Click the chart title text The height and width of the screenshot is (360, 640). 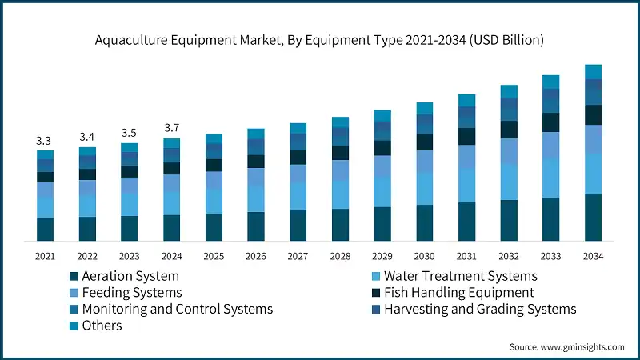[320, 38]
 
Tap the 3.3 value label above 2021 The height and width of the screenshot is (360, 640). [45, 141]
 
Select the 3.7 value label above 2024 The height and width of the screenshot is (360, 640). [171, 128]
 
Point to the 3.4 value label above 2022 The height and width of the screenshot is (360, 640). [87, 137]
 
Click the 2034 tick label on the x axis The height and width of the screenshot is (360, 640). [593, 256]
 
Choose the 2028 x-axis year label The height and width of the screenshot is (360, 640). [340, 256]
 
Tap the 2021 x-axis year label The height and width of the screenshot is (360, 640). [45, 256]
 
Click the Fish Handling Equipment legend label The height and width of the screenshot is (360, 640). [459, 293]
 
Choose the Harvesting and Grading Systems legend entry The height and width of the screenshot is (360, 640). [480, 309]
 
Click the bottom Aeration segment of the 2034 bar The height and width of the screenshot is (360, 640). [593, 217]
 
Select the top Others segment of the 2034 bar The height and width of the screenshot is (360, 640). [593, 72]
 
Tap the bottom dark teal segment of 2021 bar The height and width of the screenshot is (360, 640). [45, 229]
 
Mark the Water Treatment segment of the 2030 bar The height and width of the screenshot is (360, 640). [424, 188]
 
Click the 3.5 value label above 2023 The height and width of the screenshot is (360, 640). [129, 133]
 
